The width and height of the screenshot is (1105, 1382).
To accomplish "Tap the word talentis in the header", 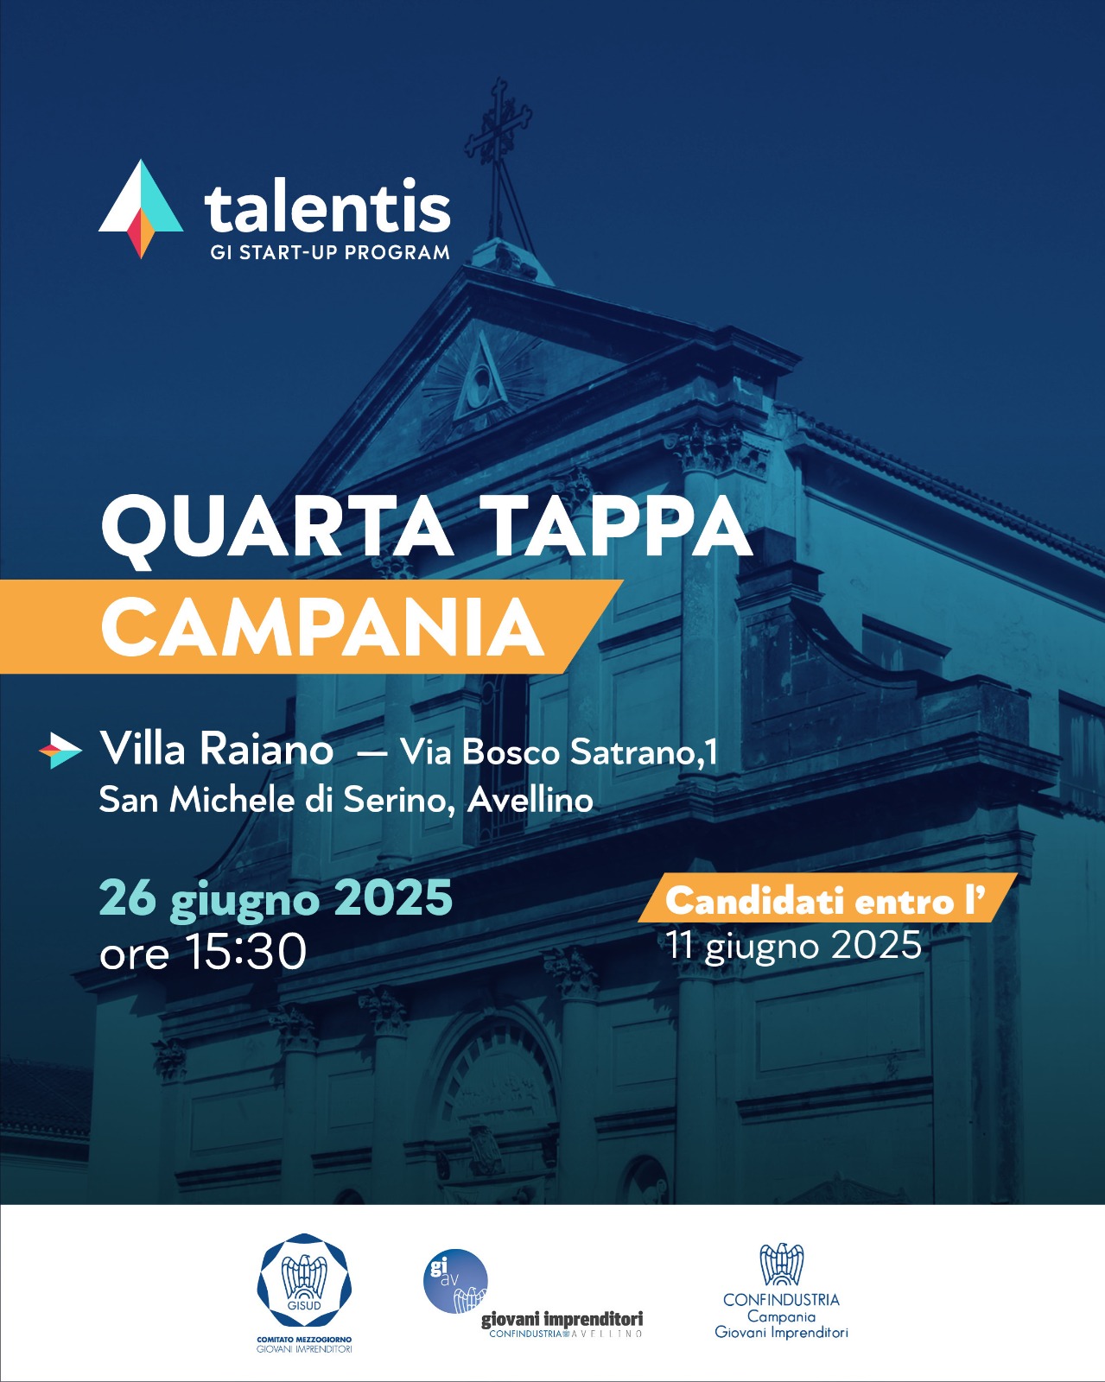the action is click(x=327, y=206).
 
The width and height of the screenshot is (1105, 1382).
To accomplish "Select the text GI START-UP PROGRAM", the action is click(x=330, y=252).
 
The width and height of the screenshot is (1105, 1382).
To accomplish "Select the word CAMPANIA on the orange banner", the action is click(x=322, y=627).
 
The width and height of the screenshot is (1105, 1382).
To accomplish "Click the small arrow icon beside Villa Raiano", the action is click(x=60, y=750).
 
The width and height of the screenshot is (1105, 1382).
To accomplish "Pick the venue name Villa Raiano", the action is click(x=217, y=750).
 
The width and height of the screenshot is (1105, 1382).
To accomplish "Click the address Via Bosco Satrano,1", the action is click(x=558, y=751).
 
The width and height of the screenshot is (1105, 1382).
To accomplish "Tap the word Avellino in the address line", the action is click(x=530, y=800).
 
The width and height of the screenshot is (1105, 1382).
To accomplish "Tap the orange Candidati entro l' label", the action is click(x=828, y=897).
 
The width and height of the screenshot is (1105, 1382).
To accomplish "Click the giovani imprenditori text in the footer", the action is click(x=562, y=1319).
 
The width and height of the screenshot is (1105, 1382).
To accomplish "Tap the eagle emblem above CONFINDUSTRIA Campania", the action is click(x=781, y=1265).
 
